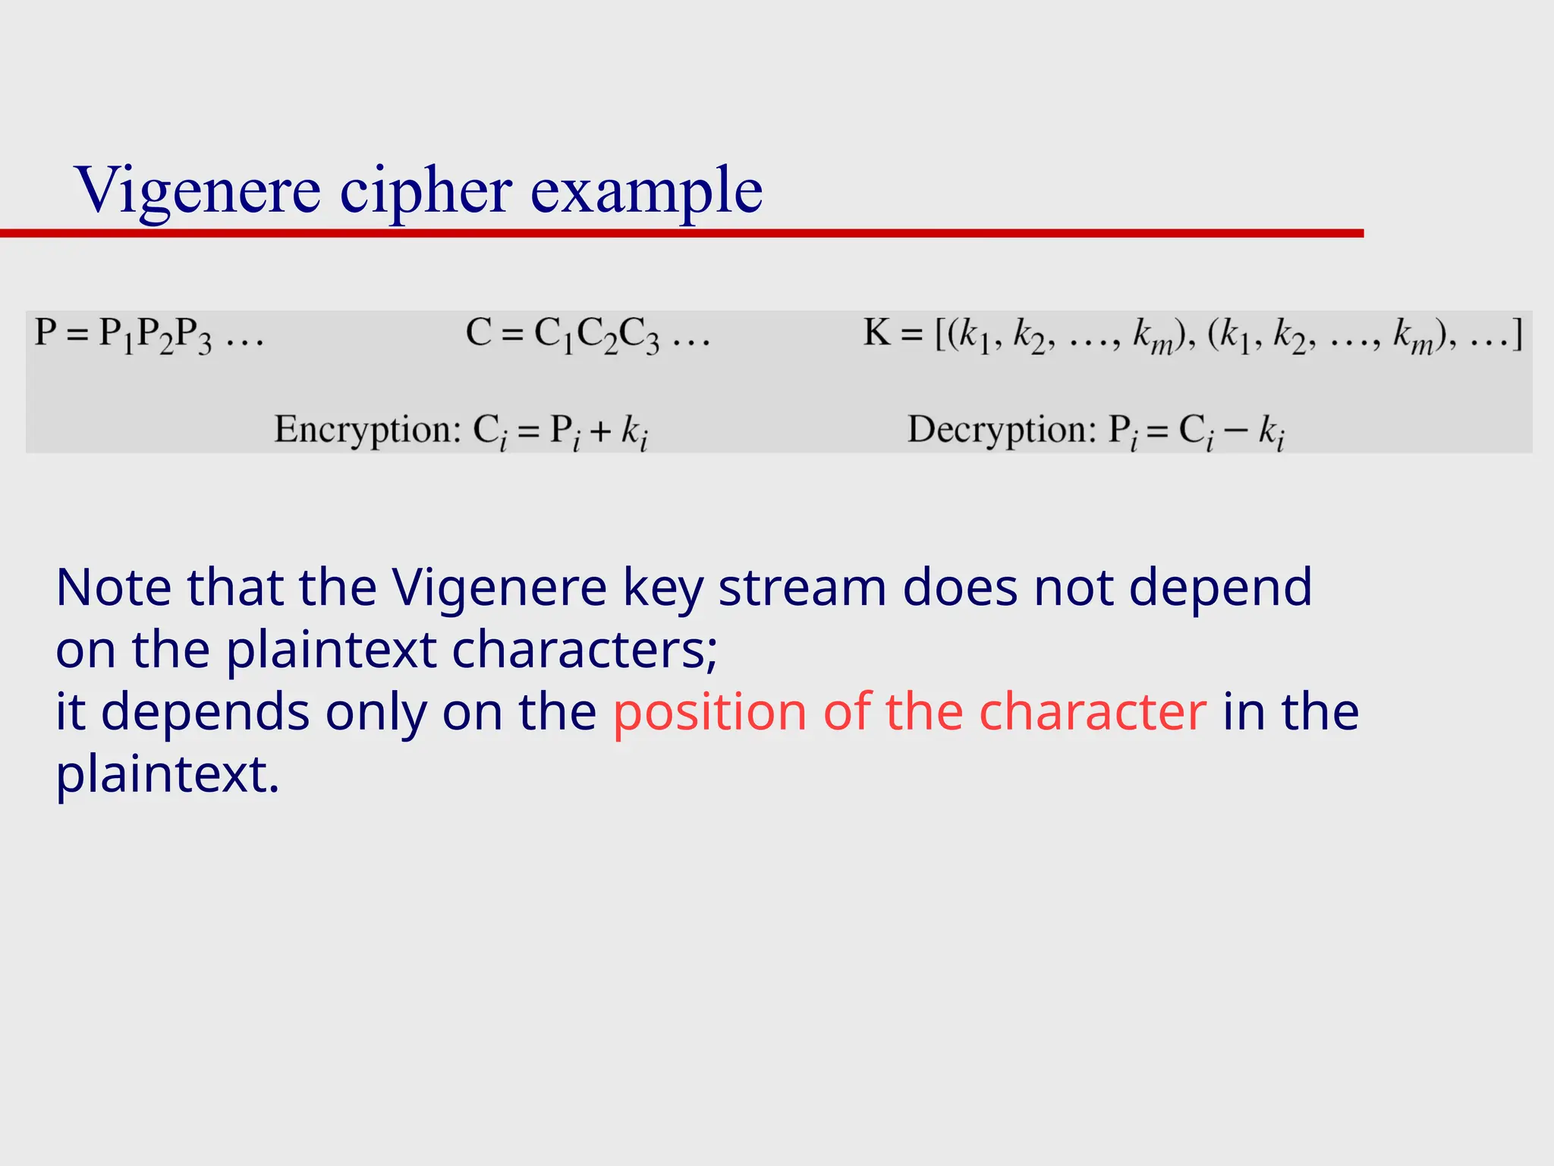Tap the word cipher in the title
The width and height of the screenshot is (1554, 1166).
point(425,190)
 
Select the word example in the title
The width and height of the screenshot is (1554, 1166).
point(646,190)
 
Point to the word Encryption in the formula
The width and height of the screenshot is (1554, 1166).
point(367,430)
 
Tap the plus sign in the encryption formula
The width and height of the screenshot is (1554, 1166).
point(600,432)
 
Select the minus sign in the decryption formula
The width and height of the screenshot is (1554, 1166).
point(1236,430)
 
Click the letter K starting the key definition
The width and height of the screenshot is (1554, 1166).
point(876,332)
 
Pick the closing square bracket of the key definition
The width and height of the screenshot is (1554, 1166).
point(1517,334)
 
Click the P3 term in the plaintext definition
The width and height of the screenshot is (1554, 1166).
point(194,336)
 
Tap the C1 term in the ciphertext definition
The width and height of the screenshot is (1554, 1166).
point(555,336)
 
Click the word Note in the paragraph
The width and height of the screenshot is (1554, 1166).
point(114,588)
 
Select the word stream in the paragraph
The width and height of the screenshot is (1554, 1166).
point(802,588)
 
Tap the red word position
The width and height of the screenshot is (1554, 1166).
point(709,713)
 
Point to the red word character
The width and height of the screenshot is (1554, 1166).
point(1093,713)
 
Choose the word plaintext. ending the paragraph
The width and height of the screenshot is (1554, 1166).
point(168,775)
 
